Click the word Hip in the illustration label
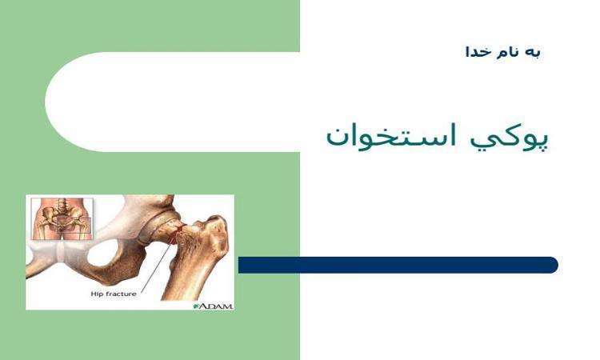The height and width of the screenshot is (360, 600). [x=96, y=294]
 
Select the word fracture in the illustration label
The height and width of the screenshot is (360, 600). [x=120, y=294]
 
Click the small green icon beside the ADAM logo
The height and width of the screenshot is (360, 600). [x=196, y=306]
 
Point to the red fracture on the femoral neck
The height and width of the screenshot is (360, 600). [x=176, y=234]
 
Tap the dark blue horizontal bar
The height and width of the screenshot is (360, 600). [x=398, y=265]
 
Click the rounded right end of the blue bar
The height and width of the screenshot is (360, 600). [x=554, y=265]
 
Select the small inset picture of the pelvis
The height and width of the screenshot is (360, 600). [x=62, y=219]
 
